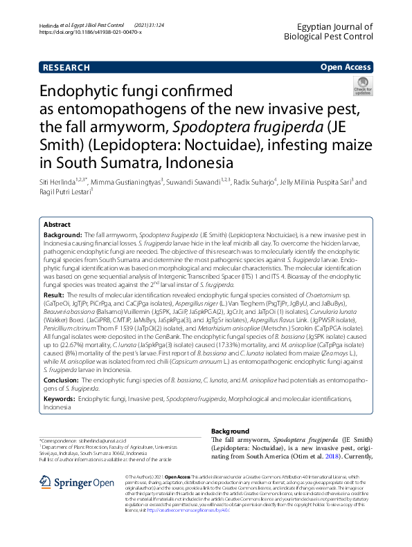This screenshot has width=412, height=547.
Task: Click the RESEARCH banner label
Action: tap(66, 67)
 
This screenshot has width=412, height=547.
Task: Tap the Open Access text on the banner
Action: tap(345, 67)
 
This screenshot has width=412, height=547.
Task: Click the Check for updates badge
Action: tap(362, 87)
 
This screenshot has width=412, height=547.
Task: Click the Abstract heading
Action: tap(57, 225)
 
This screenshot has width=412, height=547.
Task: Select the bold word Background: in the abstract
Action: tap(61, 236)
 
